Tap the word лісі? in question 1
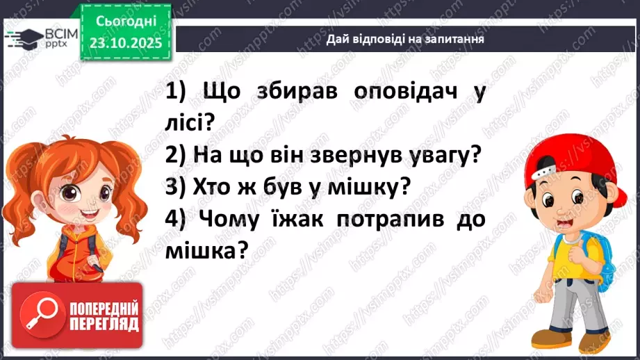click(x=190, y=123)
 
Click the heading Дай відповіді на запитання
click(x=405, y=40)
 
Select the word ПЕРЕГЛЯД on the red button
click(x=104, y=325)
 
